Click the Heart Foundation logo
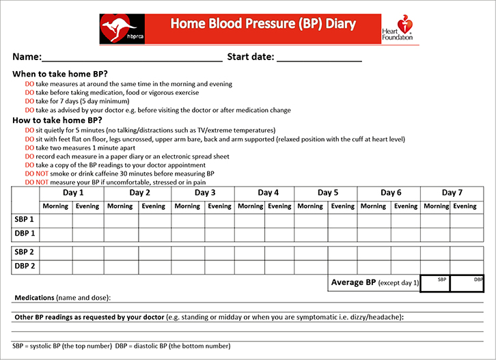[x=399, y=29]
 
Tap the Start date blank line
[x=319, y=57]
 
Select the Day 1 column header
[x=73, y=193]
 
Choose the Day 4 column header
[x=268, y=193]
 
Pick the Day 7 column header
[x=452, y=193]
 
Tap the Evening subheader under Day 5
[x=343, y=206]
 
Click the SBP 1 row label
[x=25, y=220]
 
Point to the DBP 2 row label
[x=25, y=266]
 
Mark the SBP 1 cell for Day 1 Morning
[x=56, y=220]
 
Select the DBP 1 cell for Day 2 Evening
[x=153, y=234]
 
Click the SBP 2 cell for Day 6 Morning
[x=373, y=253]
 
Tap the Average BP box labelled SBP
[x=435, y=283]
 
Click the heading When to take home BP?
[x=60, y=74]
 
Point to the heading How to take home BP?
[x=57, y=120]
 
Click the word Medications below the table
[x=36, y=298]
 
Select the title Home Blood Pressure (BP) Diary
[x=263, y=24]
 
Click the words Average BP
[x=353, y=282]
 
